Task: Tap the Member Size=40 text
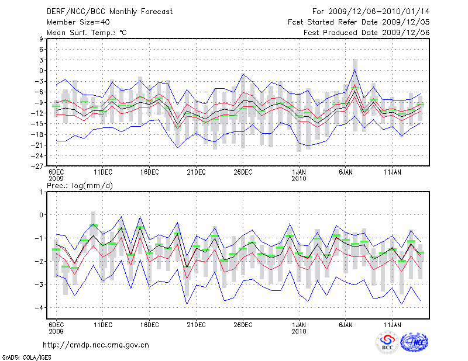[x=74, y=22]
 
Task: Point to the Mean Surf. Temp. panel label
[x=87, y=33]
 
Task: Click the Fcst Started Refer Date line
[x=359, y=22]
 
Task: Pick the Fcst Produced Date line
[x=366, y=33]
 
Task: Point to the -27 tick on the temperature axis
[x=38, y=166]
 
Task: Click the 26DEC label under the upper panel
[x=243, y=172]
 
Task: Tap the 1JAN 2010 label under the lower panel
[x=299, y=328]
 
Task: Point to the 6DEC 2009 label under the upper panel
[x=56, y=176]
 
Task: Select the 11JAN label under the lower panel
[x=393, y=324]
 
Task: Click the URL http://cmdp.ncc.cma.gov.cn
[x=96, y=345]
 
